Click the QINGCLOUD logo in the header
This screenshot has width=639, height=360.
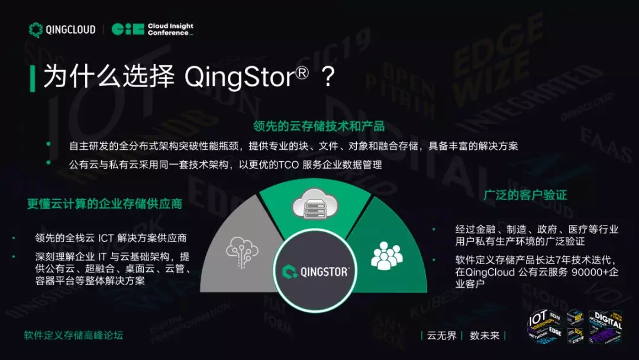(x=62, y=30)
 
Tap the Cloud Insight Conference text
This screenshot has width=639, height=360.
(x=170, y=30)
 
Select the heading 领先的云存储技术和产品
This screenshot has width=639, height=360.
(x=319, y=126)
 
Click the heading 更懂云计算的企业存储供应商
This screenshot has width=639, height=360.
(x=104, y=204)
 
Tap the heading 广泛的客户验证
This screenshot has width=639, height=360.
(x=525, y=195)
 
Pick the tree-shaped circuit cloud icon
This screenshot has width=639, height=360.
(x=241, y=251)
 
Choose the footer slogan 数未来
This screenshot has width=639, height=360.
(x=485, y=336)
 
